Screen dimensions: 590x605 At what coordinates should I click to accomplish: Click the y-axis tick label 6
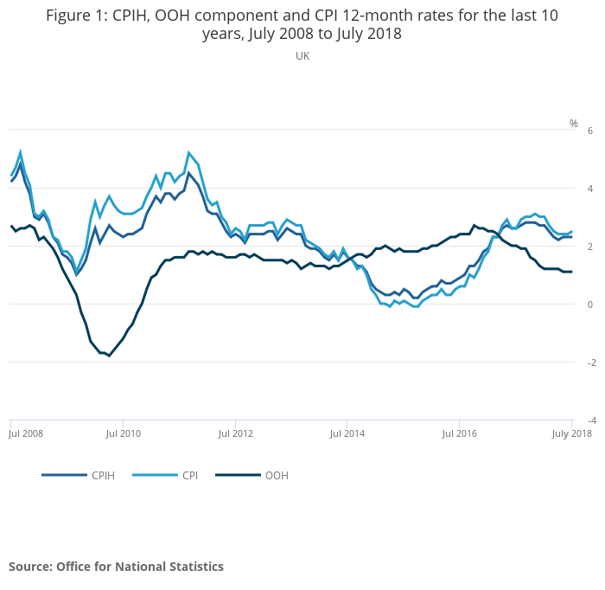589,131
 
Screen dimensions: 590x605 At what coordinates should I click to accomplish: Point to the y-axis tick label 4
589,189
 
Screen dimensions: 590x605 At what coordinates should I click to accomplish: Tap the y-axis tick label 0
589,305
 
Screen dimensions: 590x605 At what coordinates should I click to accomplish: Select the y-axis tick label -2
588,362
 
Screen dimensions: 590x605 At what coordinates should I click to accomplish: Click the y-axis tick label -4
588,420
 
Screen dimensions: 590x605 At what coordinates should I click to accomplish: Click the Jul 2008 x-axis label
27,432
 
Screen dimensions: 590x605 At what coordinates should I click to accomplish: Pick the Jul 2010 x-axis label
124,432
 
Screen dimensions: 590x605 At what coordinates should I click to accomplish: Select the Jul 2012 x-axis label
235,432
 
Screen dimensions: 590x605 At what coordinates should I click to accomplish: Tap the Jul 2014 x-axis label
346,432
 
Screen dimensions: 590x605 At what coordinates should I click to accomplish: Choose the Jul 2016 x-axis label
459,432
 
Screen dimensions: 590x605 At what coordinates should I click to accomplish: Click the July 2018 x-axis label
567,432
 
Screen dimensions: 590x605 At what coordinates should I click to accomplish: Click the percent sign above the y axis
573,124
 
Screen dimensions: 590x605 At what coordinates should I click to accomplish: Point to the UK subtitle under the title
302,56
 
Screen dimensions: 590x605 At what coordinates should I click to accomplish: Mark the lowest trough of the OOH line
109,356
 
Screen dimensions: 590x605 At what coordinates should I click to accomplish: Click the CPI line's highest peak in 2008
20,152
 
